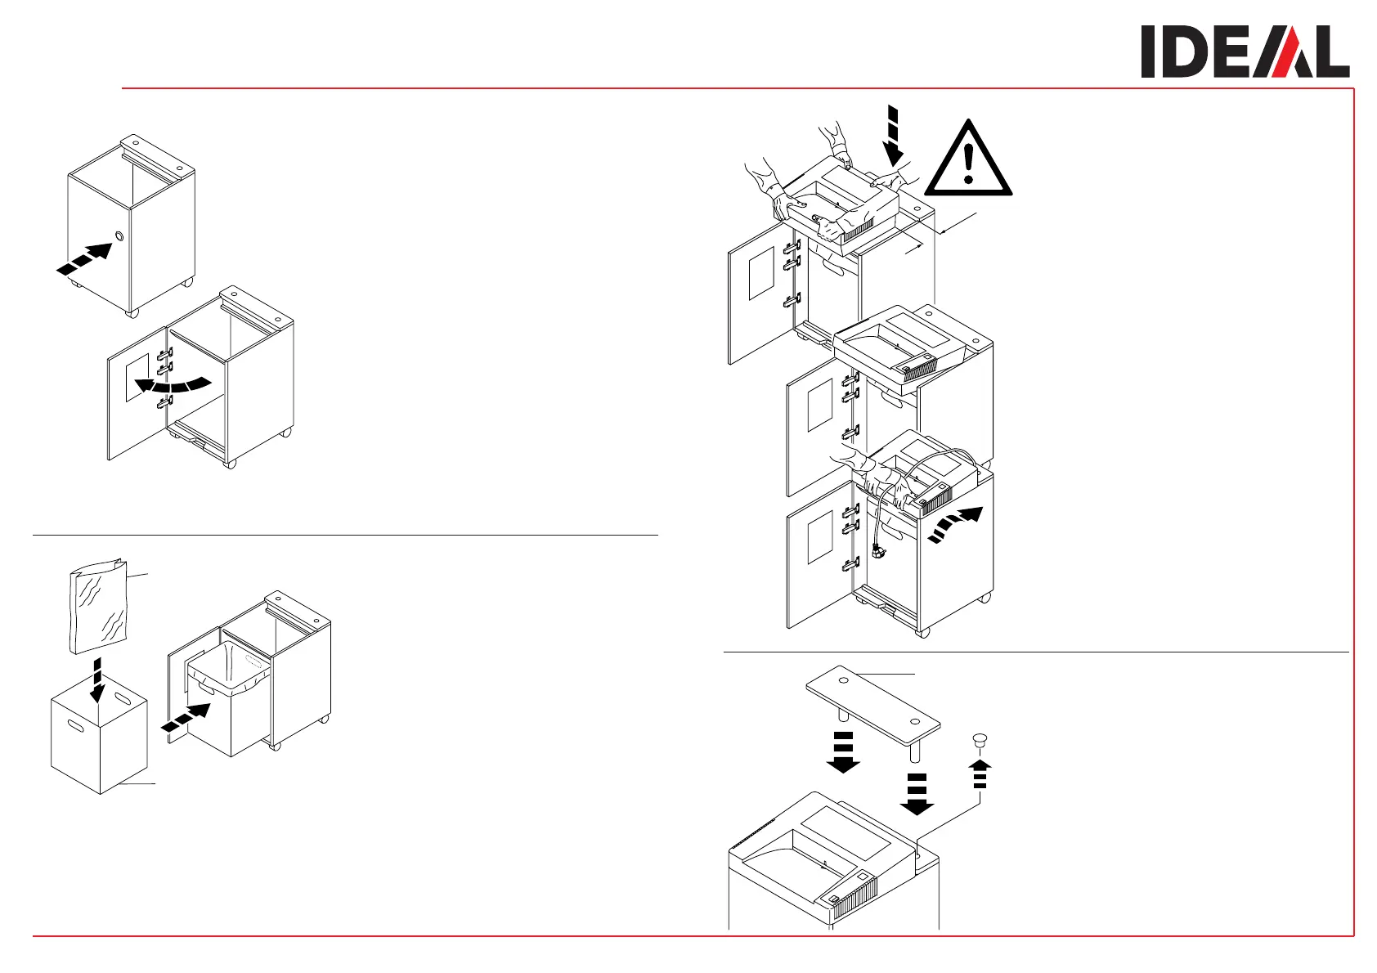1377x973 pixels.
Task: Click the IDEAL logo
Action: coord(1245,52)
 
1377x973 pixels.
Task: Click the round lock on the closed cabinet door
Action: coord(121,236)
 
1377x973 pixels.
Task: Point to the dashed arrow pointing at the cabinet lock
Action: coord(84,259)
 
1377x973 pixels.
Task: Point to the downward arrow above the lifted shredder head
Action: coord(894,136)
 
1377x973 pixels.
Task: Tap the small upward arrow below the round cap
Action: coord(980,773)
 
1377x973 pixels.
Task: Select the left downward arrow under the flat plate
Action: coord(843,752)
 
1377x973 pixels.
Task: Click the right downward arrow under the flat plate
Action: coord(917,794)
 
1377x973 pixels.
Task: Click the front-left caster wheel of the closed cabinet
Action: coord(133,313)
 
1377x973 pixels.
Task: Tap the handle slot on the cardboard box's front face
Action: coord(76,725)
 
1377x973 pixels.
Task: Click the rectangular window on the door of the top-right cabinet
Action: coord(761,273)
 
